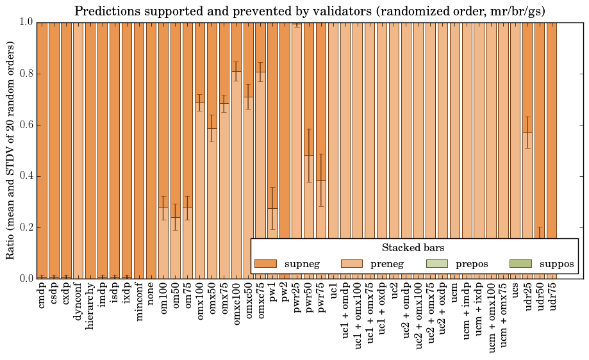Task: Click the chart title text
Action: (310, 11)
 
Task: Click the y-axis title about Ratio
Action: (10, 150)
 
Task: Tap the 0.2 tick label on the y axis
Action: (26, 227)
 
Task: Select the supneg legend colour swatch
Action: (265, 264)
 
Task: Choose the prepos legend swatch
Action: (436, 264)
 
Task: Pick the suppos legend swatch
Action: (520, 264)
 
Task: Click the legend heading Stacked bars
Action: (413, 247)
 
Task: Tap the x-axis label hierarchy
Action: (90, 307)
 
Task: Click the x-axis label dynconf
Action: (78, 304)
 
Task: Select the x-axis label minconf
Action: (139, 305)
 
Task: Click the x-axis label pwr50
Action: (309, 302)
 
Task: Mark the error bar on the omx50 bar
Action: (212, 128)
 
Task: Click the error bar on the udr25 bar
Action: (528, 132)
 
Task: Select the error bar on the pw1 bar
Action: (272, 208)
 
